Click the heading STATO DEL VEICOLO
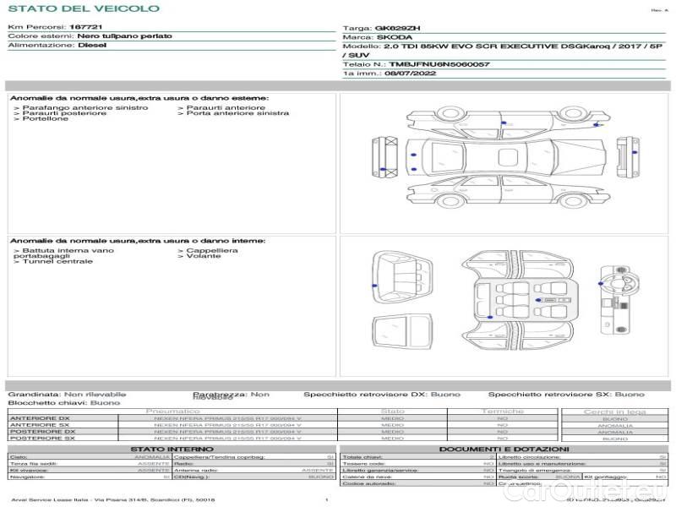tap(83, 8)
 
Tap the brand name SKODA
tap(395, 37)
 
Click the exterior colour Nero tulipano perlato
tap(124, 36)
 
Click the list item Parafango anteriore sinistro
tap(84, 108)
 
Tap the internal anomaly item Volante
tap(204, 256)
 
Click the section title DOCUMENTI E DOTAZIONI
tap(504, 450)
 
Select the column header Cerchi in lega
tap(614, 412)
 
